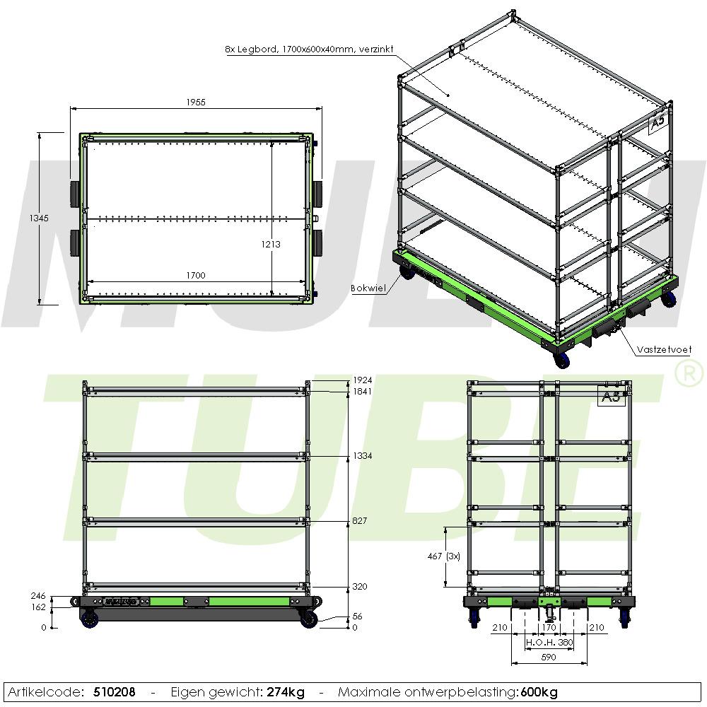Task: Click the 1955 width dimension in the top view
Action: click(196, 103)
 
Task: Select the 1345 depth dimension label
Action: click(39, 218)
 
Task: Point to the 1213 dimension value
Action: click(271, 245)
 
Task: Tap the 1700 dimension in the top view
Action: click(196, 275)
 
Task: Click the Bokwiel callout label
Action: click(368, 288)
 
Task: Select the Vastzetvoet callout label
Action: click(664, 349)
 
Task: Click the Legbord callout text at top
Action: click(310, 49)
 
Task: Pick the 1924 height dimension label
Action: click(363, 380)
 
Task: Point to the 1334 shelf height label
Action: click(363, 456)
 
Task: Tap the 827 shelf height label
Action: click(359, 521)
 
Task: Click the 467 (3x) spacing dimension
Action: click(444, 556)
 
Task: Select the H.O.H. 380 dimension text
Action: click(549, 642)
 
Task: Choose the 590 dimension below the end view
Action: click(549, 658)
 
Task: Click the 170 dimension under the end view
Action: click(549, 628)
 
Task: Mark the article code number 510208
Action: click(114, 692)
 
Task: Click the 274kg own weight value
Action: click(286, 692)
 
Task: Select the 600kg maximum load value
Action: click(539, 692)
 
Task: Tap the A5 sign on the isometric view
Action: click(658, 122)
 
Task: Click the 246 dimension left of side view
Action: click(38, 596)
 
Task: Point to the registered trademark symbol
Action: click(688, 374)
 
